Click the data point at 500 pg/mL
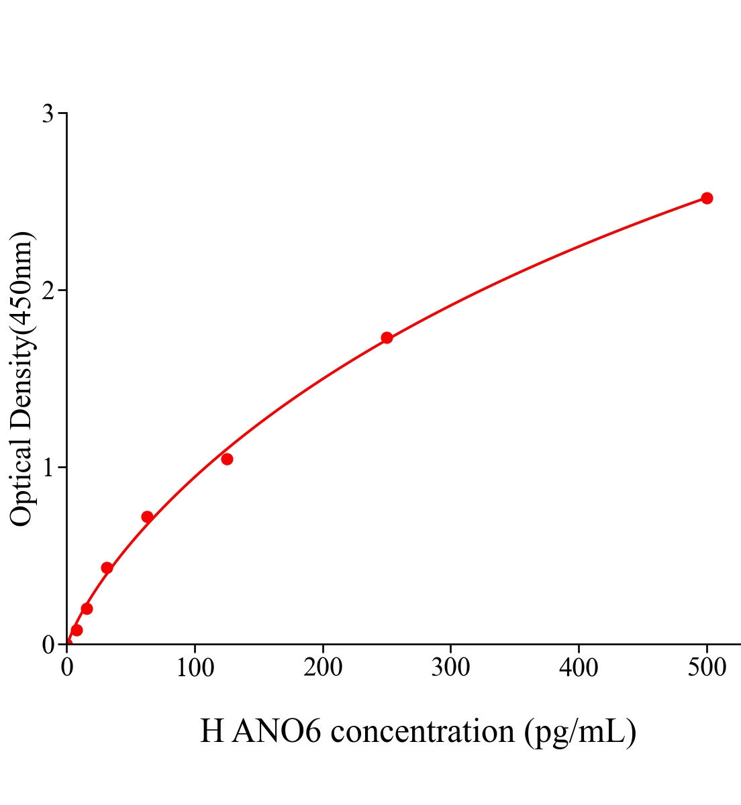(707, 198)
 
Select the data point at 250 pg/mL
(387, 337)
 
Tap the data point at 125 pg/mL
(227, 459)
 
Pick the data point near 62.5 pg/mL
(147, 517)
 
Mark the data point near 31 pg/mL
(107, 568)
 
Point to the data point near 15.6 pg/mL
(87, 608)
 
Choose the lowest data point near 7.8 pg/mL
(77, 630)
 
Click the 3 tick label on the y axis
(48, 114)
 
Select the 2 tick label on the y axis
(48, 290)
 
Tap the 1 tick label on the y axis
(48, 468)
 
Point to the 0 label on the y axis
(48, 645)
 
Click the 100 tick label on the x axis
(195, 668)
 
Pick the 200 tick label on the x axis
(323, 668)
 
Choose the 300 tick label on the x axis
(450, 668)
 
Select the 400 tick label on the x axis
(579, 668)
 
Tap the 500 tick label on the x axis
(707, 668)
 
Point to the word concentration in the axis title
(423, 731)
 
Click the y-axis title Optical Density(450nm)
(21, 379)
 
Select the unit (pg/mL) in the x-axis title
(580, 731)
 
